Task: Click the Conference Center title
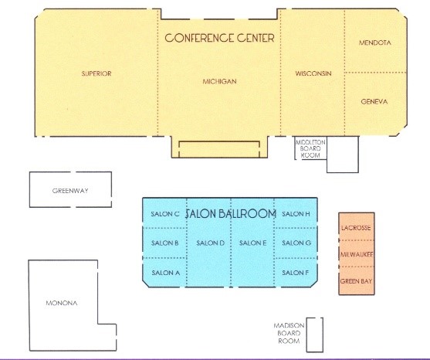pos(219,38)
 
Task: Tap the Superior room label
pos(96,73)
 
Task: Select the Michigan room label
pos(219,81)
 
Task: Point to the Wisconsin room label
pos(313,73)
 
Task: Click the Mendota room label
pos(375,42)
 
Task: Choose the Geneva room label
pos(374,102)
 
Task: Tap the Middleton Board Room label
pos(310,149)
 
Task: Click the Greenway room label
pos(70,191)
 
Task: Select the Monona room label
pos(62,303)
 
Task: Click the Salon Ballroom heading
pos(231,214)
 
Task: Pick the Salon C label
pos(165,214)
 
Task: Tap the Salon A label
pos(166,273)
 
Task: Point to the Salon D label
pos(210,243)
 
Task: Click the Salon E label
pos(253,243)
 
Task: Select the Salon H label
pos(296,214)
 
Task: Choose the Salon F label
pos(296,273)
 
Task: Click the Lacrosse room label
pos(356,228)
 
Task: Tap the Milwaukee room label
pos(357,255)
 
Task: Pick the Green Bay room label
pos(356,281)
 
